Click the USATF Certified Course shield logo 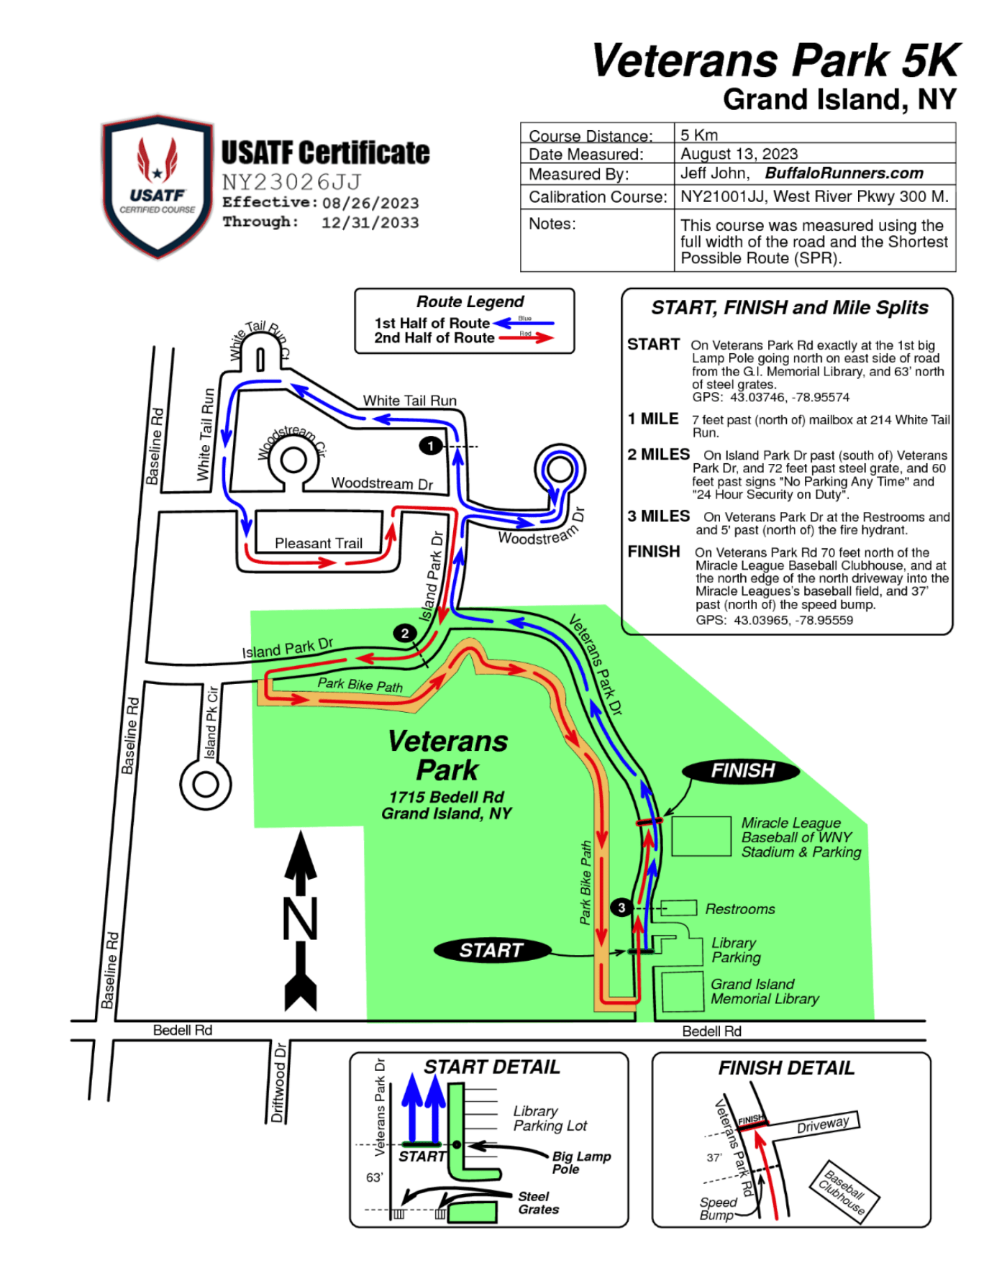(158, 186)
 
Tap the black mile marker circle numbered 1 (430, 446)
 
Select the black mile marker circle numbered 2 (405, 633)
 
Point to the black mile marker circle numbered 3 (621, 908)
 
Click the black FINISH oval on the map (741, 771)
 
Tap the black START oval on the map (492, 950)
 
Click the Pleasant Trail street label (319, 543)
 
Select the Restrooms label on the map (739, 909)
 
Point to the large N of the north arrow (301, 918)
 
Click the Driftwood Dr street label (279, 1082)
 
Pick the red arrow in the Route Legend (526, 337)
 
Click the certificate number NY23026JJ (291, 182)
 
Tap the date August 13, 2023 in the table (739, 154)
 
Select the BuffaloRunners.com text (844, 173)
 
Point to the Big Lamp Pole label (580, 1162)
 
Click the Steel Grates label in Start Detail (538, 1203)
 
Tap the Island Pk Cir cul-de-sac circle (206, 785)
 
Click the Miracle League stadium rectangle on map (701, 836)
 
